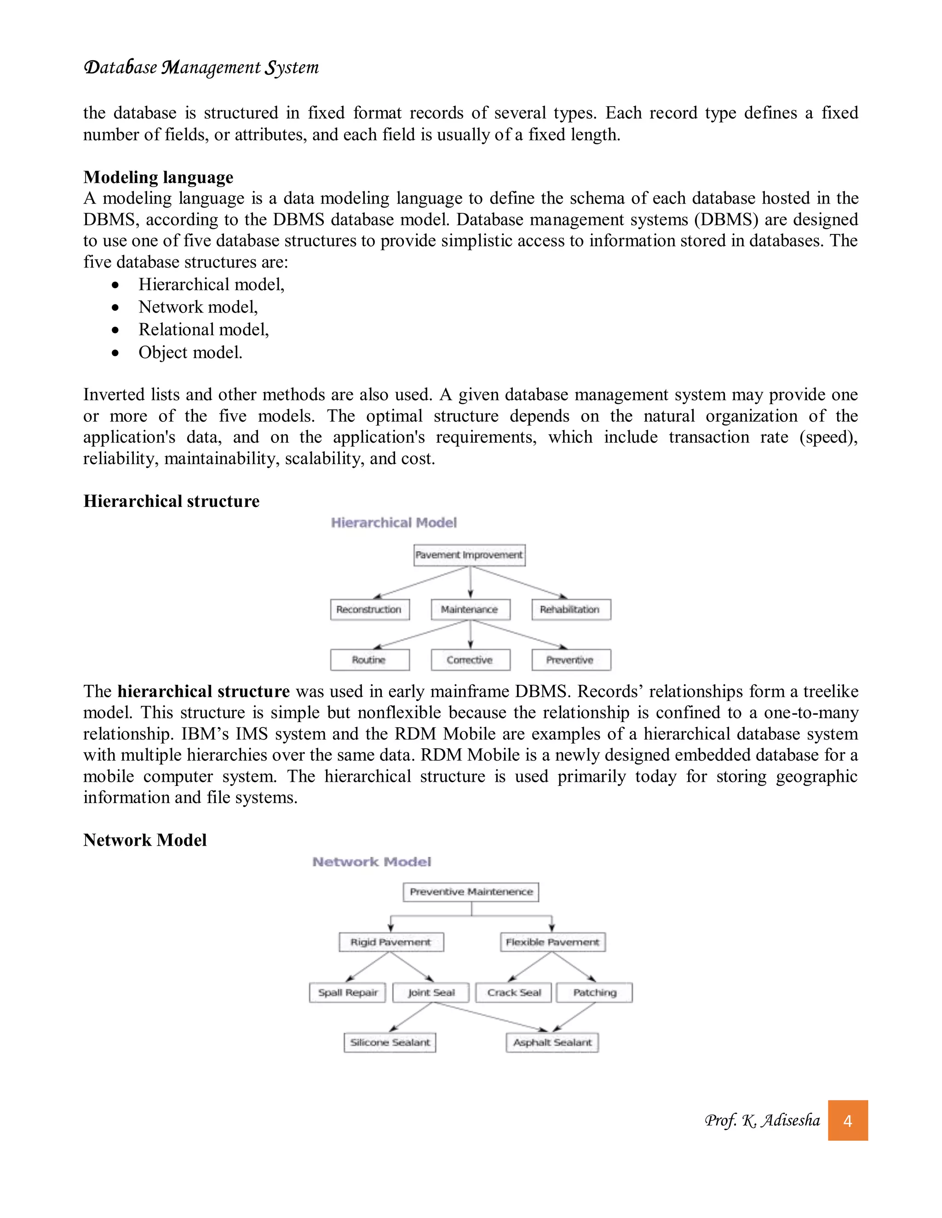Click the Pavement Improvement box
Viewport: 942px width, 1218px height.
469,555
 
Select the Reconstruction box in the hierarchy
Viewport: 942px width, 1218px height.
369,609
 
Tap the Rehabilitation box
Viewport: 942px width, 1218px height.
571,609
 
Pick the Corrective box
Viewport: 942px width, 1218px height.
470,660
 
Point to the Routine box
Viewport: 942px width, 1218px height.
369,660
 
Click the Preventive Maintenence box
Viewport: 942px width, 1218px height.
471,892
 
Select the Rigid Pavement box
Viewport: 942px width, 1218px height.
391,942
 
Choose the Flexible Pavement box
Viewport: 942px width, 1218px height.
552,942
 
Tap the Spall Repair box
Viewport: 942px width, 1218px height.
348,993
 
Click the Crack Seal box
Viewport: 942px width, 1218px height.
513,993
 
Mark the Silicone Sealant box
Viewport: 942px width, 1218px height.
390,1042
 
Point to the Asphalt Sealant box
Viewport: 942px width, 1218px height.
552,1042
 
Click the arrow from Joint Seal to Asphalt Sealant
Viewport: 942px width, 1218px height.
491,1017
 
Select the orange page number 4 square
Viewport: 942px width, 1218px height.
847,1121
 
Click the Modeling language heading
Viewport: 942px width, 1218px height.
159,177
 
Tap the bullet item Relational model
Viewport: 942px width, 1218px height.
204,330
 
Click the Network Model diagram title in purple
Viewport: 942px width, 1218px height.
372,862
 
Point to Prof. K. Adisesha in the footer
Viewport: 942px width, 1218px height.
762,1121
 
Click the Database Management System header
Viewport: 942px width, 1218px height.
201,68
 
